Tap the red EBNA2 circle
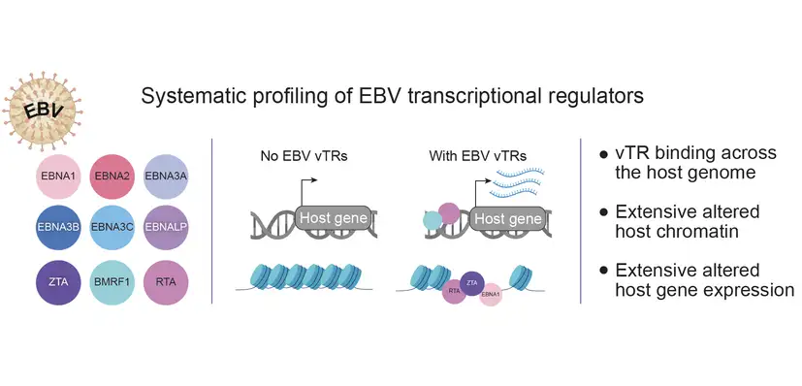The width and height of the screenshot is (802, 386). [x=112, y=177]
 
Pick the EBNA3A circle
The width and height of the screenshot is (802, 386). [x=166, y=177]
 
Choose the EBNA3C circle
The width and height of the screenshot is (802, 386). [x=112, y=228]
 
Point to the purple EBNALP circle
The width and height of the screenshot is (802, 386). [x=166, y=228]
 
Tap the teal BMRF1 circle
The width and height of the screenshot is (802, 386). [x=112, y=282]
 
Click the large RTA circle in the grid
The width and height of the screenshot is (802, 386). [x=166, y=282]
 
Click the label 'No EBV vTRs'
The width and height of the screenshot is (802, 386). [x=304, y=156]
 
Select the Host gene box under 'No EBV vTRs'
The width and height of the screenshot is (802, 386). [x=334, y=218]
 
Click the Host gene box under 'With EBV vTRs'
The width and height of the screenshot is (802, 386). [x=508, y=219]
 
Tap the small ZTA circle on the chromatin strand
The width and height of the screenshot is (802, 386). [x=472, y=283]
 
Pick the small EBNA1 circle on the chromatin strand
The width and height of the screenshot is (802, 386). [x=491, y=295]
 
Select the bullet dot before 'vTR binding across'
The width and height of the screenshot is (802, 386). [x=604, y=153]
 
